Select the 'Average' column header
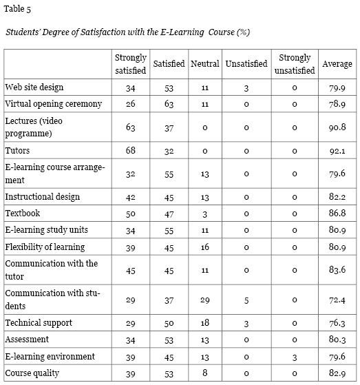(337, 64)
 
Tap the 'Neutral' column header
(204, 64)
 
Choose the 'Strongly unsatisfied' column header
(295, 64)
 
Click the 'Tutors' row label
(17, 150)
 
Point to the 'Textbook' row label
(23, 214)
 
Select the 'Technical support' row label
(39, 323)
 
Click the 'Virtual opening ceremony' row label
(53, 104)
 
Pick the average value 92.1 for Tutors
(337, 150)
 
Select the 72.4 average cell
(337, 300)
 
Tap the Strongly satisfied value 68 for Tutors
(130, 150)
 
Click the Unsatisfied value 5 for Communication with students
(246, 300)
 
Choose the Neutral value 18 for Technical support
(204, 323)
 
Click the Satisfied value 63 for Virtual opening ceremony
(169, 104)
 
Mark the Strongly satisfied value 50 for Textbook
(130, 214)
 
